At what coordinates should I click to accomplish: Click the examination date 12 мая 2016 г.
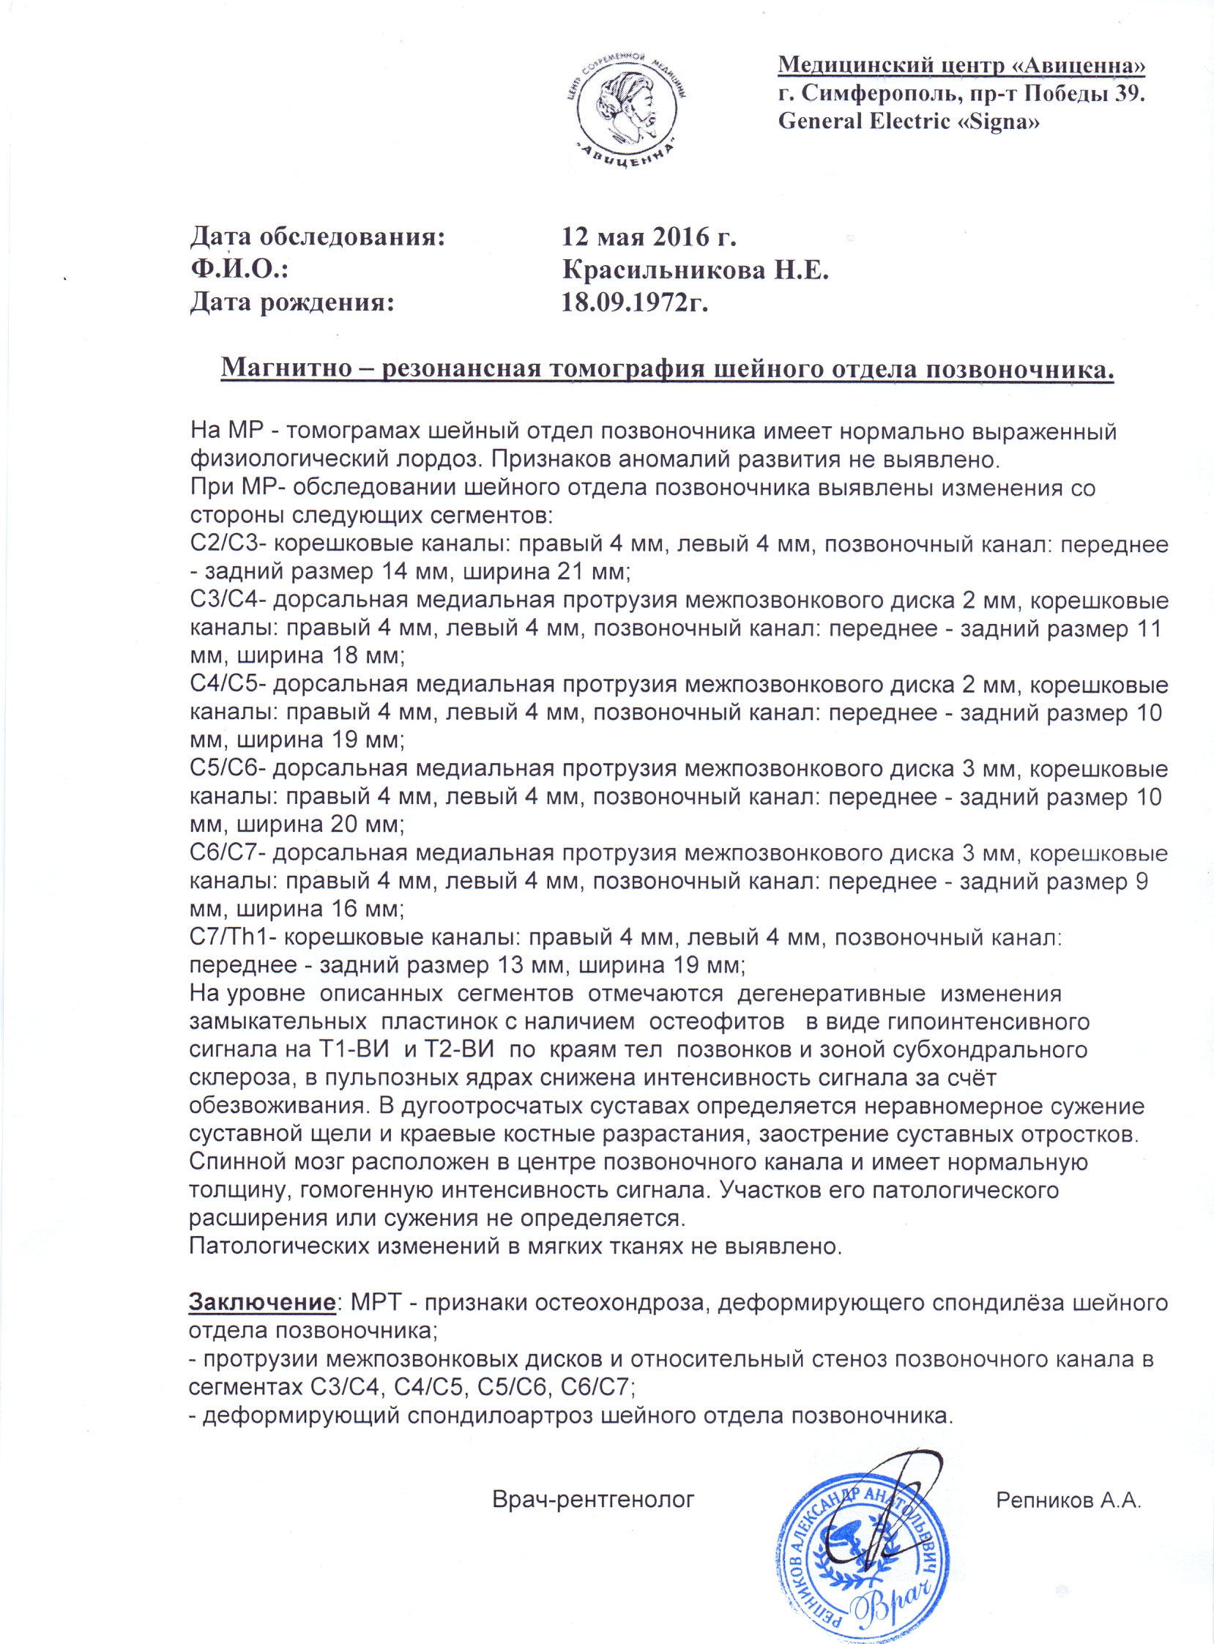pos(649,237)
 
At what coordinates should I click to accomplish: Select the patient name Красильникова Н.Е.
pos(695,270)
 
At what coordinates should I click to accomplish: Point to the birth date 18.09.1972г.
pos(634,302)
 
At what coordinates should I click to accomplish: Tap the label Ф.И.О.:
pos(239,270)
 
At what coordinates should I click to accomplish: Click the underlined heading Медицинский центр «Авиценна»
pos(961,65)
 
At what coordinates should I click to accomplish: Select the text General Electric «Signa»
pos(908,122)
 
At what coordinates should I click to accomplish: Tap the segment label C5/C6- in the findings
pos(228,769)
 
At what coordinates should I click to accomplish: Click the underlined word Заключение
pos(262,1302)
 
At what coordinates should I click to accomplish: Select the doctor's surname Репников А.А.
pos(1068,1500)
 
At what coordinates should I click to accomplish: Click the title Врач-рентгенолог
pos(593,1500)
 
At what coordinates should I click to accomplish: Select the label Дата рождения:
pos(291,302)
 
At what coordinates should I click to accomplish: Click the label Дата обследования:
pos(318,237)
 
